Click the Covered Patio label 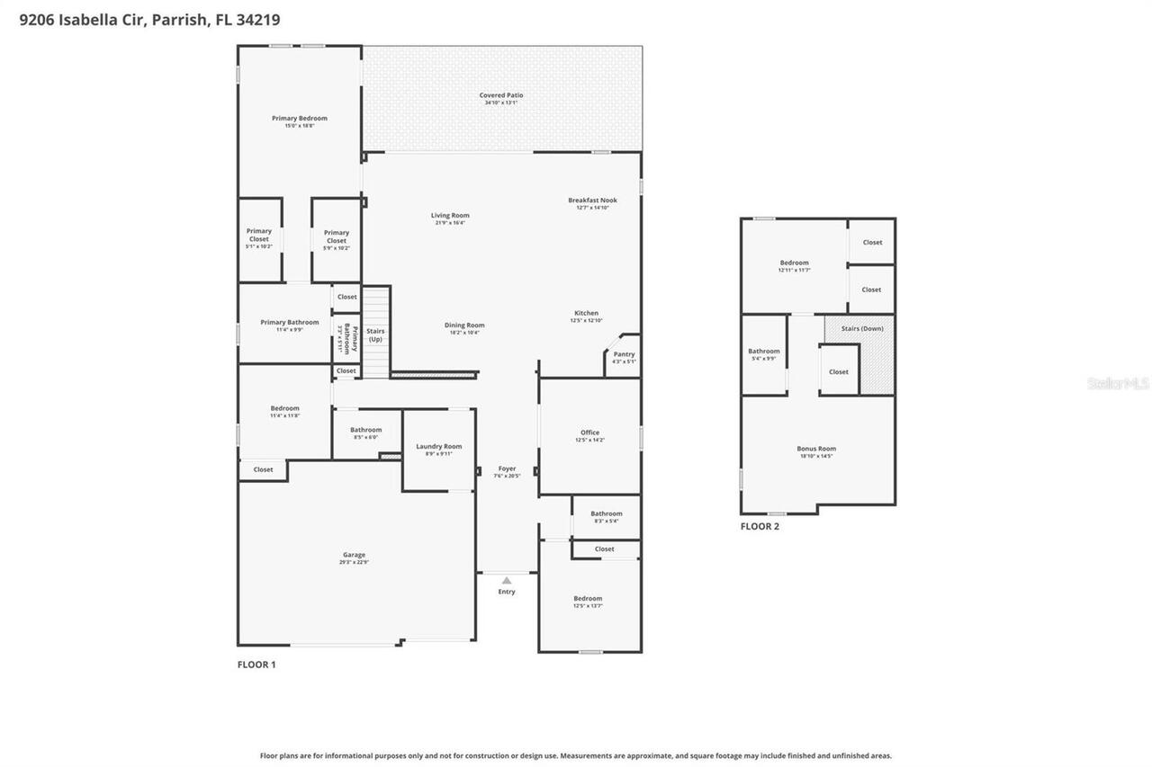500,95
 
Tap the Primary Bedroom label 300,119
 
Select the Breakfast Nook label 592,201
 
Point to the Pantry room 624,357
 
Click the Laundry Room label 438,447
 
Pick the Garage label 354,555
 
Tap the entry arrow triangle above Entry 507,580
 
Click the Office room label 589,433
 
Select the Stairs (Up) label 375,334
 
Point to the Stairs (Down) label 862,329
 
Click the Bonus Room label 816,449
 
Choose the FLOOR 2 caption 760,527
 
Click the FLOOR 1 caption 256,664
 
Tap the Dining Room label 464,326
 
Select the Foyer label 508,468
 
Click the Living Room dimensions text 450,223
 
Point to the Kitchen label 586,314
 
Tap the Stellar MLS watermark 1118,384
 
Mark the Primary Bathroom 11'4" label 290,323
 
